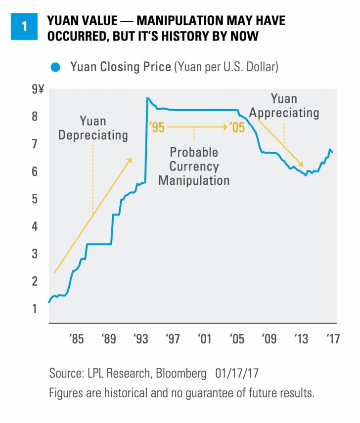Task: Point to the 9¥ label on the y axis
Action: (38, 90)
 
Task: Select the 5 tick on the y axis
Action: (36, 199)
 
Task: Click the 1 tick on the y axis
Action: (36, 309)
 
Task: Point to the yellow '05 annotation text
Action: (237, 128)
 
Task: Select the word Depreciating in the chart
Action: (93, 135)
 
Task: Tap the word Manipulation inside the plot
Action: (194, 180)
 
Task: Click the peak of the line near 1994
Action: (147, 98)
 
